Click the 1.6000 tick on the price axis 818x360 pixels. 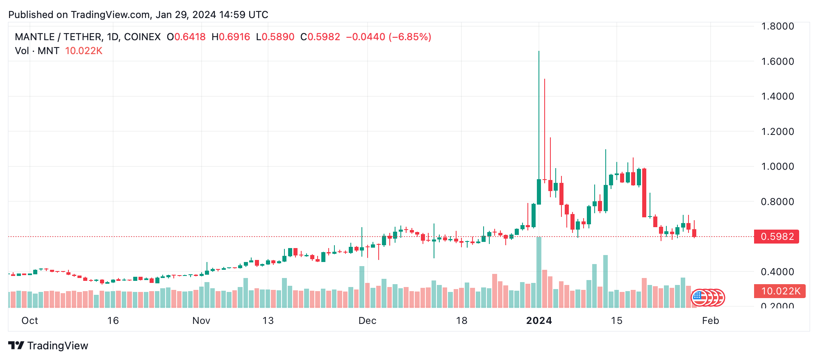[x=777, y=62]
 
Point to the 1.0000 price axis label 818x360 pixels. [x=777, y=166]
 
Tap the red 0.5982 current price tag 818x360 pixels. [x=776, y=237]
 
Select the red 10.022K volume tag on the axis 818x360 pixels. [x=779, y=291]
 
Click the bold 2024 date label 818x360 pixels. [x=539, y=321]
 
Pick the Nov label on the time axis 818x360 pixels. [x=201, y=321]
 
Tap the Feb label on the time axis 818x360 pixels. [x=710, y=321]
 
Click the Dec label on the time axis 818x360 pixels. [x=367, y=321]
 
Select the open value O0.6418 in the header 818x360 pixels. [x=186, y=37]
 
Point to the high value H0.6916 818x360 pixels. [x=231, y=37]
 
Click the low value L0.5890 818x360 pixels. [x=275, y=37]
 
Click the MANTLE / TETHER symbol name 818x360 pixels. [x=58, y=37]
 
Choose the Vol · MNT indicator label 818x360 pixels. [x=37, y=51]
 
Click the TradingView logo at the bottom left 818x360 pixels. [x=48, y=346]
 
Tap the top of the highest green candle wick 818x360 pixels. [x=539, y=52]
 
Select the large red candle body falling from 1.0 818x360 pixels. [x=644, y=193]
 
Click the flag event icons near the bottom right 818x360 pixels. [x=708, y=298]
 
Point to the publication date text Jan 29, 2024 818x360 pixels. [x=186, y=15]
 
